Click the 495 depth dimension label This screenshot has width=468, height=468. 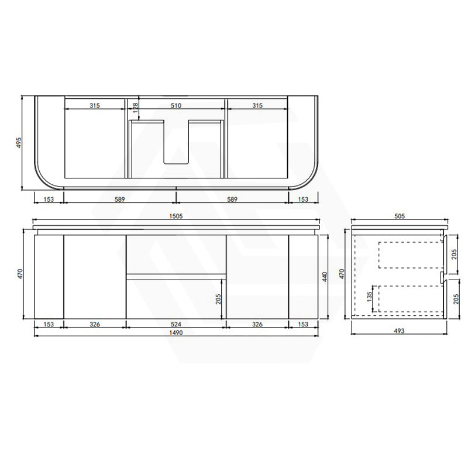point(19,143)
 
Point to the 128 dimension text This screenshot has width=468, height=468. point(135,108)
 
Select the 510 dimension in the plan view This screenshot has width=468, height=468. point(176,105)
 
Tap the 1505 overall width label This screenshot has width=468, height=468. point(176,216)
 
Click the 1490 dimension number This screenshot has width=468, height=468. point(176,332)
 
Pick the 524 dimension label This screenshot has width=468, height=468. point(176,324)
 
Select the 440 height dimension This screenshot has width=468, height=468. point(325,277)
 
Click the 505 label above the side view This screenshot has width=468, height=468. point(400,216)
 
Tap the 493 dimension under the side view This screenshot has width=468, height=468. point(399,331)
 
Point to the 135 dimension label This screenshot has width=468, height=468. point(370,297)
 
